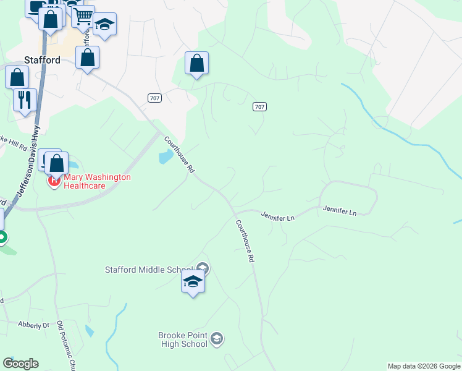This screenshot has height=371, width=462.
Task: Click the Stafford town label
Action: click(42, 60)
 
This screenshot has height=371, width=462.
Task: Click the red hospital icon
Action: click(54, 182)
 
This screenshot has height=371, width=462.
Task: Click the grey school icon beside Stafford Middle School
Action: click(204, 268)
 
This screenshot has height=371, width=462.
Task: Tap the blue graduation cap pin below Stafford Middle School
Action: click(193, 282)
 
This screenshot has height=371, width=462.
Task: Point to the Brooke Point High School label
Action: click(183, 339)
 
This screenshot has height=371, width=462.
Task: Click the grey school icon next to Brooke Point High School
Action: click(216, 338)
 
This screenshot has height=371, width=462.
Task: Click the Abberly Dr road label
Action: click(34, 325)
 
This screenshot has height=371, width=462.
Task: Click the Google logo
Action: click(20, 364)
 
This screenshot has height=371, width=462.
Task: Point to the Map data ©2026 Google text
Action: click(423, 366)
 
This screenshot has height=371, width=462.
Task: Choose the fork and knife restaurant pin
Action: click(25, 100)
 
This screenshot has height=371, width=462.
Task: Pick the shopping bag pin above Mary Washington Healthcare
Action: click(57, 164)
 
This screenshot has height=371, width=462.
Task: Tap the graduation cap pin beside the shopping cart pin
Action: click(104, 25)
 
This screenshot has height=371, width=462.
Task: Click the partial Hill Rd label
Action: click(14, 143)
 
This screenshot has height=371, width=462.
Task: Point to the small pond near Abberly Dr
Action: click(90, 330)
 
